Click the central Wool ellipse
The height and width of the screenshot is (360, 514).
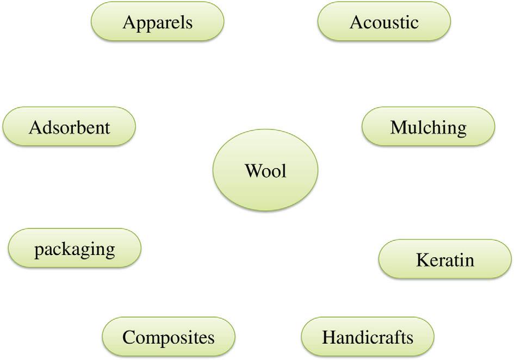click(x=265, y=171)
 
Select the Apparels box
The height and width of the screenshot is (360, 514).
click(x=158, y=22)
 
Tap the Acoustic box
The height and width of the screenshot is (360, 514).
click(x=384, y=22)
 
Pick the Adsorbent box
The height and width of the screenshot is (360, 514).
click(x=69, y=127)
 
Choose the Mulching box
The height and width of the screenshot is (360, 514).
click(x=428, y=127)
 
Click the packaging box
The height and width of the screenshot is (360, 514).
click(x=75, y=249)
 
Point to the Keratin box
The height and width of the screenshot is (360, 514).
click(x=444, y=259)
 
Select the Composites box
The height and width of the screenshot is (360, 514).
click(x=169, y=337)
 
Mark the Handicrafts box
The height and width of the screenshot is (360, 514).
click(x=368, y=337)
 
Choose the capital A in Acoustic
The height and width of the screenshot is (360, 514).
click(x=356, y=22)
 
